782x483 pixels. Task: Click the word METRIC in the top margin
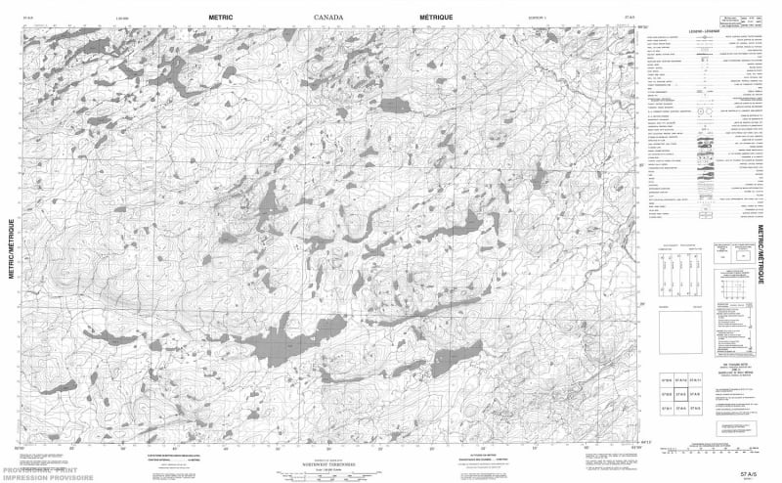[x=227, y=18]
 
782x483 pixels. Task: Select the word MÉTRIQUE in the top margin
[x=437, y=18]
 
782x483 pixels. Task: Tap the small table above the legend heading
[x=737, y=19]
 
